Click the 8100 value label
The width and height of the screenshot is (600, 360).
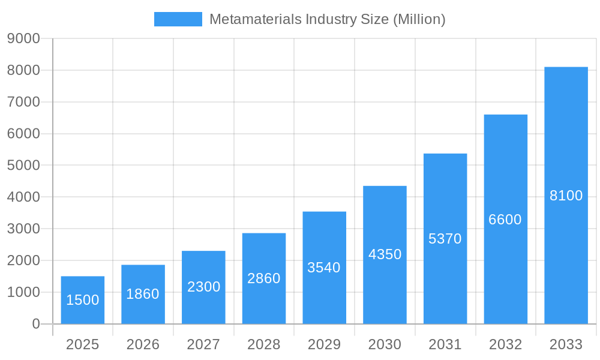pyautogui.click(x=566, y=196)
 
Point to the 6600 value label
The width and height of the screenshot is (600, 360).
pyautogui.click(x=505, y=220)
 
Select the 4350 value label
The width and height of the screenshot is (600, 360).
pyautogui.click(x=385, y=254)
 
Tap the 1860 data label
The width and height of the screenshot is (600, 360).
pyautogui.click(x=143, y=294)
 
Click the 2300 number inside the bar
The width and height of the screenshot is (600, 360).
pyautogui.click(x=203, y=287)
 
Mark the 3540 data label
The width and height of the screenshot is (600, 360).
pyautogui.click(x=324, y=268)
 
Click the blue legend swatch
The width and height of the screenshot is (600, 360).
pyautogui.click(x=178, y=19)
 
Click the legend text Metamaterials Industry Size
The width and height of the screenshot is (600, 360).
pyautogui.click(x=327, y=19)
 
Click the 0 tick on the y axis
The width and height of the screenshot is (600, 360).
pyautogui.click(x=35, y=324)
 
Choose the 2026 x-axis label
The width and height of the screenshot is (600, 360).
pyautogui.click(x=143, y=344)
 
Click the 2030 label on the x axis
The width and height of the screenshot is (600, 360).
pyautogui.click(x=385, y=344)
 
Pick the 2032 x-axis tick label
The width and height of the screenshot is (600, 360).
pyautogui.click(x=505, y=344)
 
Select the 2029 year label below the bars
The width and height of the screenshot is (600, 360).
pyautogui.click(x=324, y=344)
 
